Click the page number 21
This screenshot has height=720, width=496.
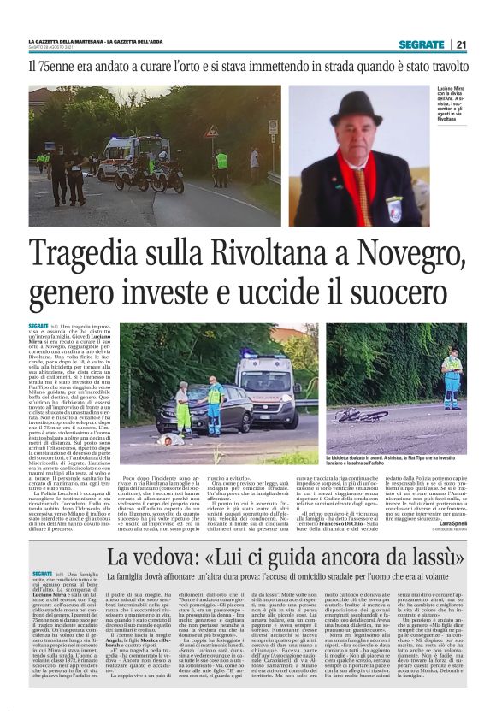pyautogui.click(x=460, y=44)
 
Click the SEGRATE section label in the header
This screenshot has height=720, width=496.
pyautogui.click(x=421, y=44)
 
